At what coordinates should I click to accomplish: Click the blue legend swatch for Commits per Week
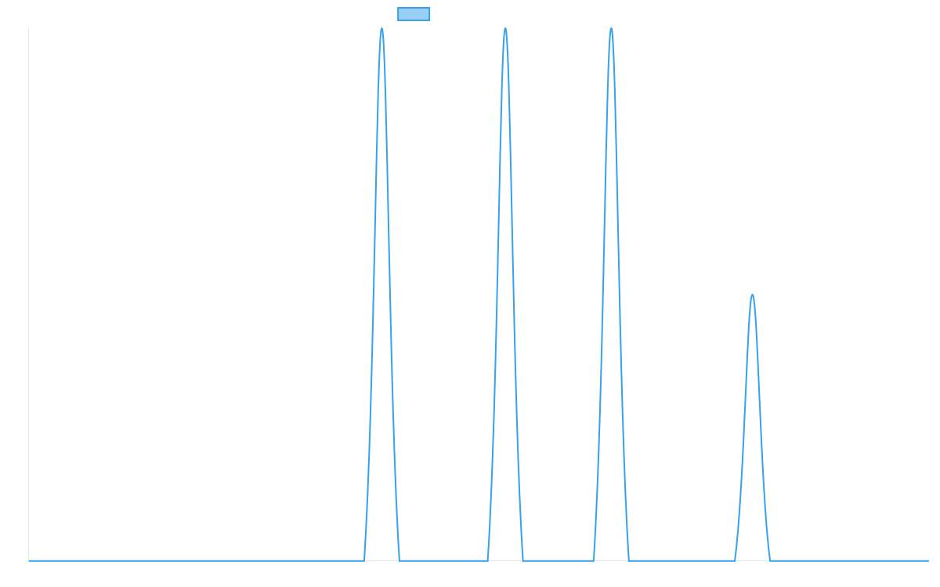[414, 14]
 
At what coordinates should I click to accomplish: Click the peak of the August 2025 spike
[381, 29]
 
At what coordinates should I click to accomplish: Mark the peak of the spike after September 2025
[505, 29]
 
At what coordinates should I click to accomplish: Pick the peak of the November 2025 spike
[611, 29]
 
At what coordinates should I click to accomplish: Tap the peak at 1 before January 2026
[752, 295]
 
